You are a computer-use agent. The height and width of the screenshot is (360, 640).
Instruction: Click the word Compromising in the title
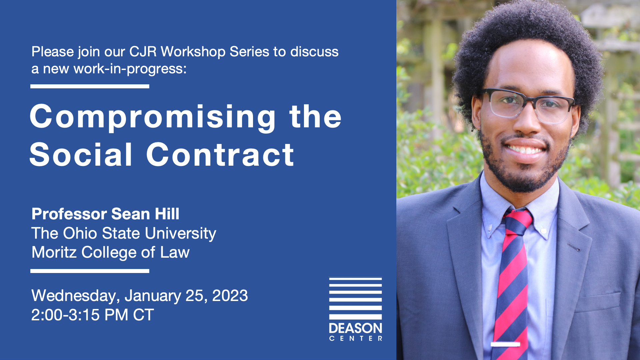(153, 118)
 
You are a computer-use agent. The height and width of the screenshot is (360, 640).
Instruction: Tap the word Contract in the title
(220, 155)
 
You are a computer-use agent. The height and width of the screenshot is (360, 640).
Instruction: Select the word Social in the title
(81, 154)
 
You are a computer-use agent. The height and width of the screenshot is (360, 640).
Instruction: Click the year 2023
(230, 296)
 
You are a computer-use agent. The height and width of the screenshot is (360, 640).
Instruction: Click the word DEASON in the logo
(356, 328)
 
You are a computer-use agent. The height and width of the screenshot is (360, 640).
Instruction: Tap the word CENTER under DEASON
(356, 339)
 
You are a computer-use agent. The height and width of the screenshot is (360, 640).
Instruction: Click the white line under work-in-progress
(90, 86)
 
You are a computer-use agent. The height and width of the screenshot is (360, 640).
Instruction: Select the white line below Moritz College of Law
(90, 271)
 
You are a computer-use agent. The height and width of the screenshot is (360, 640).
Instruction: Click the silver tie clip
(505, 344)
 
